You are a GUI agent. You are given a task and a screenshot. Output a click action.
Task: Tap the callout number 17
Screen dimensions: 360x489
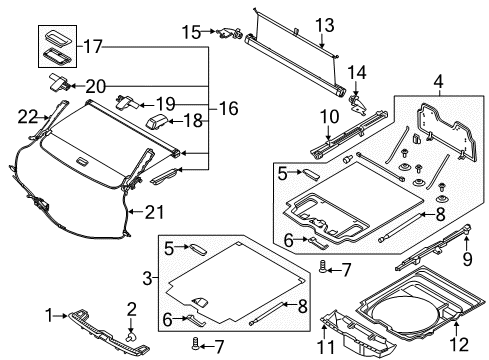click(92, 45)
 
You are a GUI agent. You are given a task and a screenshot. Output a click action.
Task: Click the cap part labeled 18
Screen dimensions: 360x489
click(160, 122)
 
